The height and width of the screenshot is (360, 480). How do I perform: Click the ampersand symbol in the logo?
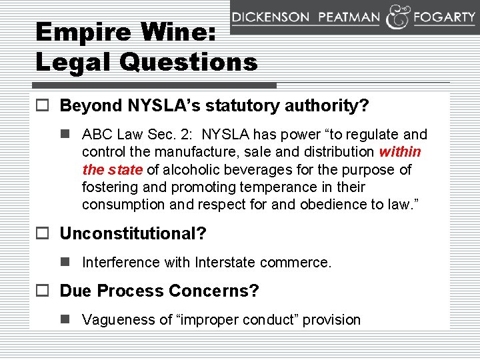pyautogui.click(x=398, y=18)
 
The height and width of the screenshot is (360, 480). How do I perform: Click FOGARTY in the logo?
pyautogui.click(x=444, y=18)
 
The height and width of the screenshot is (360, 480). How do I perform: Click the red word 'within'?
pyautogui.click(x=400, y=152)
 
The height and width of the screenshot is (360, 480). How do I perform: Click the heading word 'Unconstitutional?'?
pyautogui.click(x=133, y=233)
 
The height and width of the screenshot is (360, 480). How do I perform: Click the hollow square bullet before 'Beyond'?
pyautogui.click(x=44, y=105)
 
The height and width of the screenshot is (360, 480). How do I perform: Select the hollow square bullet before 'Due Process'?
pyautogui.click(x=44, y=291)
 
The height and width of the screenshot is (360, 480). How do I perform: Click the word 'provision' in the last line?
pyautogui.click(x=332, y=320)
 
